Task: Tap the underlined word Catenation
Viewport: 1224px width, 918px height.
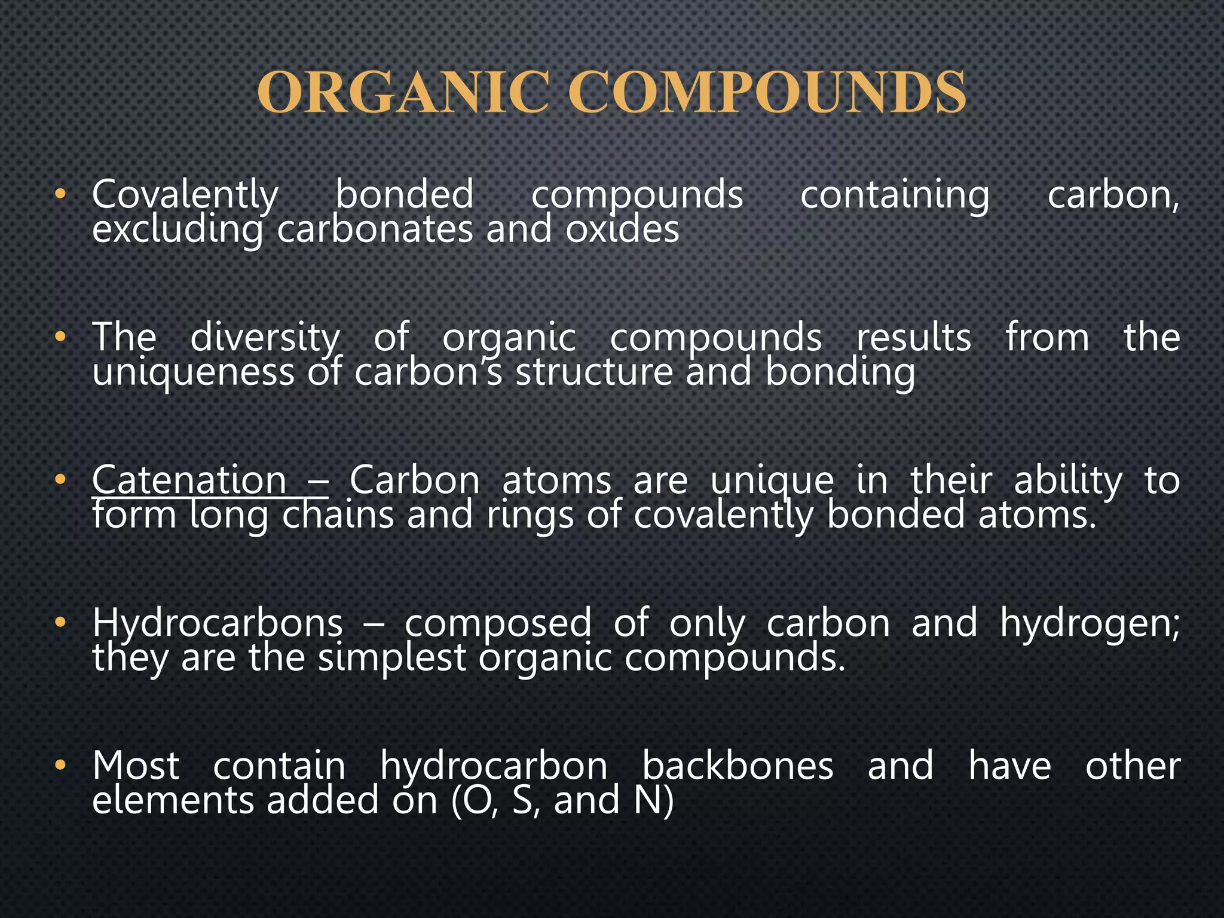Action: tap(189, 480)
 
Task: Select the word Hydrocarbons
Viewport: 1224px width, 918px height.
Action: tap(218, 623)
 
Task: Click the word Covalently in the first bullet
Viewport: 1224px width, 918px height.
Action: tap(185, 195)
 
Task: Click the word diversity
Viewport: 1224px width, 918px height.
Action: tap(265, 338)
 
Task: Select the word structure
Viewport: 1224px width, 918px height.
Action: tap(594, 372)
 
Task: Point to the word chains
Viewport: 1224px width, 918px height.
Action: tap(338, 515)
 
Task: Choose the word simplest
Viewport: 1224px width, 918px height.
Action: tap(391, 658)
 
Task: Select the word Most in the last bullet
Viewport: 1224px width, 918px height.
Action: tap(136, 766)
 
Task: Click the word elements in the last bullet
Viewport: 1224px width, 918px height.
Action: tap(173, 801)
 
